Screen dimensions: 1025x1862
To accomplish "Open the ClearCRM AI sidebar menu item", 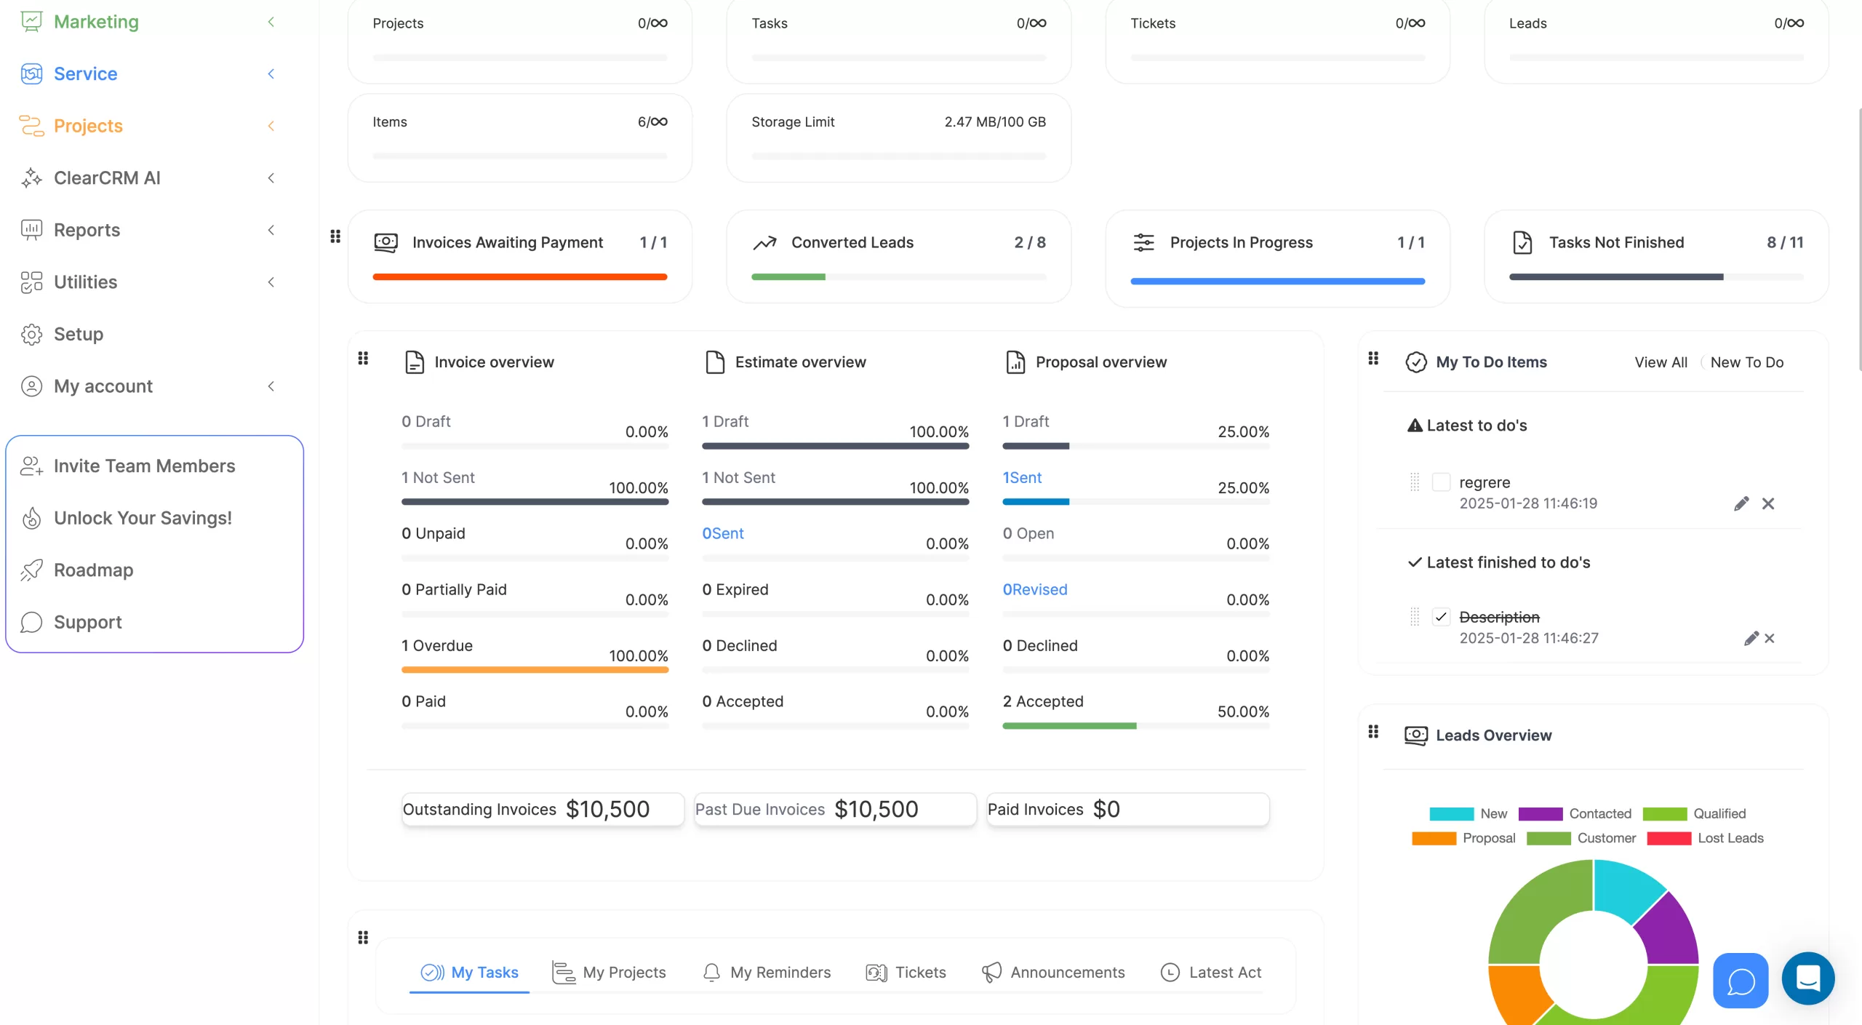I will pos(106,178).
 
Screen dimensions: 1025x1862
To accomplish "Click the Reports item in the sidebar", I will pos(87,230).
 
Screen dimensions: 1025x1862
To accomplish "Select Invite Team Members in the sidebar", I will pos(144,466).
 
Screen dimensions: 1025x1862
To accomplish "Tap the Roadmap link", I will pos(93,570).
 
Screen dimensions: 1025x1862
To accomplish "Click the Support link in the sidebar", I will pos(87,622).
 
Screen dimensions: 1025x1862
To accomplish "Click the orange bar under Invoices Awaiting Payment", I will pos(519,277).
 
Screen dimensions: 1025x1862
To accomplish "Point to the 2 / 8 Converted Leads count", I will pos(1030,242).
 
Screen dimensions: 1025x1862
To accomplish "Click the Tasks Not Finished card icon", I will pos(1522,242).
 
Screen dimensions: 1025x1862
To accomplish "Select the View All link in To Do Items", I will pos(1661,362).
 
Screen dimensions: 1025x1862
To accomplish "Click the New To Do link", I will pos(1746,362).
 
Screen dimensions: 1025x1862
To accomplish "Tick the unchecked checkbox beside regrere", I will pos(1441,482).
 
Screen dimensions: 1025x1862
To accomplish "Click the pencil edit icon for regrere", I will pos(1741,503).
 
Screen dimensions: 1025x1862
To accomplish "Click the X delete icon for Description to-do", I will pos(1770,638).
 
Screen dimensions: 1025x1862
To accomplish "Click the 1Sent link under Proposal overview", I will pos(1022,478).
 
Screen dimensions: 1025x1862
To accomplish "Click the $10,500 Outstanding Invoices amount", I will pos(607,809).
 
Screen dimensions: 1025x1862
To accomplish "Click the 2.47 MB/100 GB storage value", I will pos(994,122).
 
